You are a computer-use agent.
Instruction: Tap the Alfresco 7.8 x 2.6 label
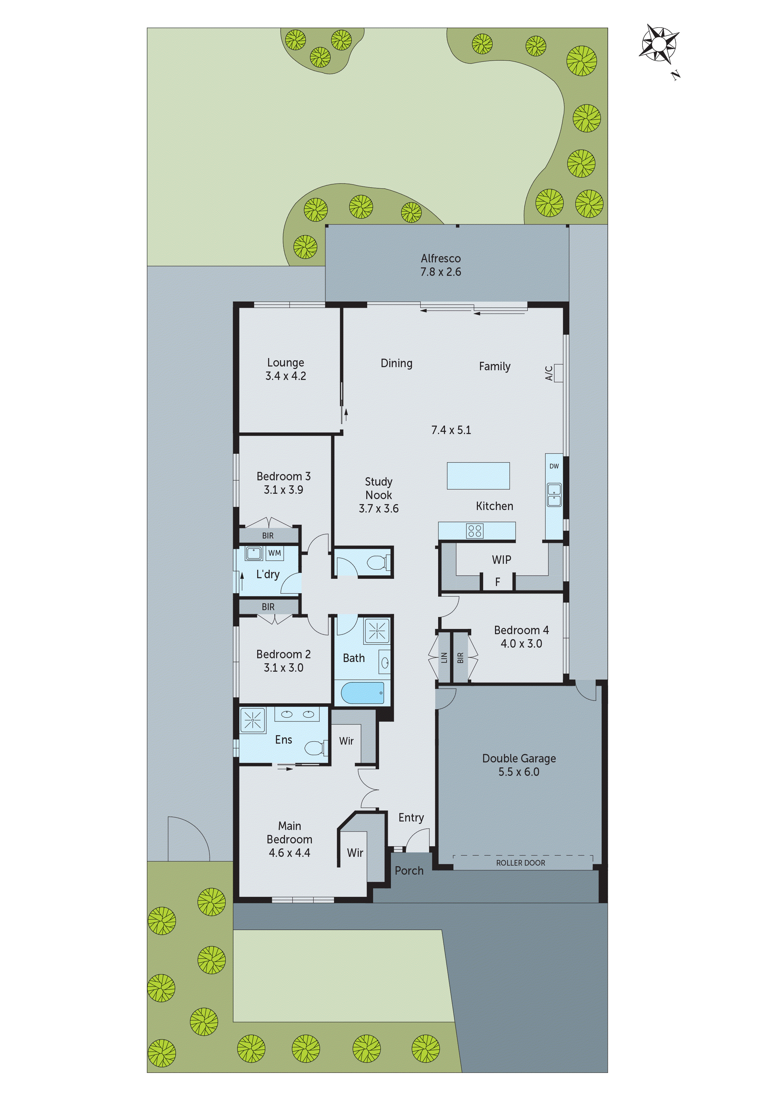[440, 265]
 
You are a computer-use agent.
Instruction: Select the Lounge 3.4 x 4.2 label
[286, 369]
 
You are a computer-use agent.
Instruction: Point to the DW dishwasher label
[554, 466]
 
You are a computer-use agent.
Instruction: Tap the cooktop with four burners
[475, 531]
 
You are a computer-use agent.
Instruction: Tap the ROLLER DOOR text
[521, 863]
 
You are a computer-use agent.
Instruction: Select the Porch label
[409, 871]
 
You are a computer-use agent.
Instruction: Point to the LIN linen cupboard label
[444, 657]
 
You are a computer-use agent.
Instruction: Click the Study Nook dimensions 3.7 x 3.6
[379, 508]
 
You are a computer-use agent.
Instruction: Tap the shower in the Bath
[377, 632]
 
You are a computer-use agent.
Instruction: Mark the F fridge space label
[497, 582]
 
